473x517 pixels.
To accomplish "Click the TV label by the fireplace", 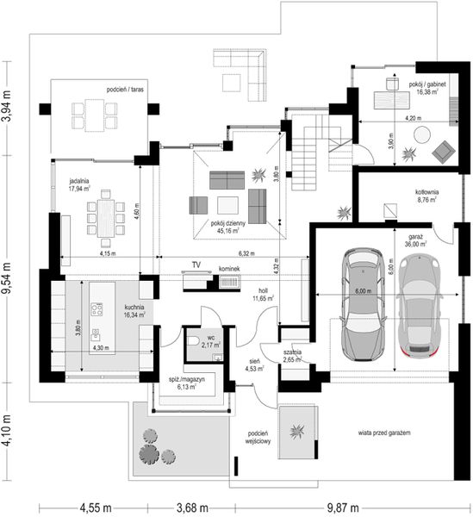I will pyautogui.click(x=196, y=265).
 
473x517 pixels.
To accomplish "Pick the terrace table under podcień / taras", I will pyautogui.click(x=96, y=112).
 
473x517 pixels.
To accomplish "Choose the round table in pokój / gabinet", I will pyautogui.click(x=422, y=134).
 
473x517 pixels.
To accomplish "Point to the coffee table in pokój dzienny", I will pyautogui.click(x=227, y=204).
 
